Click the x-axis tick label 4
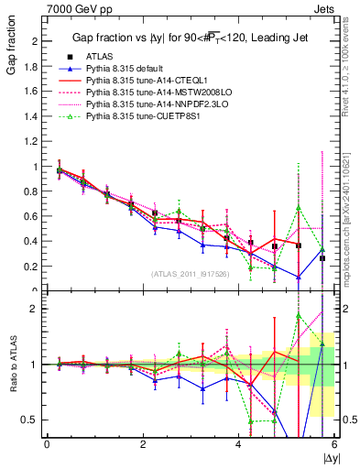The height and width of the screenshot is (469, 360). (x=238, y=443)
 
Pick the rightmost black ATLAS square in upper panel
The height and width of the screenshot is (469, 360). (x=322, y=258)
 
